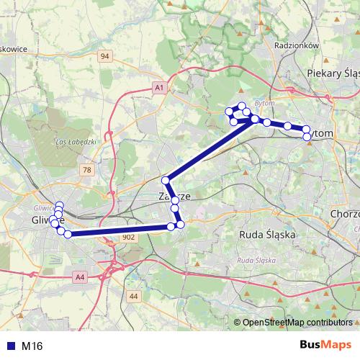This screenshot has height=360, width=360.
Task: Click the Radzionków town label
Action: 297,45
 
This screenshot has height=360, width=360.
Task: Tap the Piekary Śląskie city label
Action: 332,73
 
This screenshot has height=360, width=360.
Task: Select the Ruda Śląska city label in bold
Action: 266,233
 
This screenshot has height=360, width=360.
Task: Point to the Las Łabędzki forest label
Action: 76,141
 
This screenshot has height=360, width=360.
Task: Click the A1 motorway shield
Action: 160,87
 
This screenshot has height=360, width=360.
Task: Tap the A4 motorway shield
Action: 79,275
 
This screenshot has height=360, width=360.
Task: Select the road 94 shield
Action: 105,56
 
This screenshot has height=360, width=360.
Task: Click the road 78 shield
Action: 87,169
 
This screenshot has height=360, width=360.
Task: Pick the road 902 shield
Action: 128,237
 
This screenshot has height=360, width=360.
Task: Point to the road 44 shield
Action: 133,296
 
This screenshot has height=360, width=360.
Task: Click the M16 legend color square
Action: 8,346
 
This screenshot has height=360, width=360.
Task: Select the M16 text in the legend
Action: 32,346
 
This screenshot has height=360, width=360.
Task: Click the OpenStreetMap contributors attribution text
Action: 298,322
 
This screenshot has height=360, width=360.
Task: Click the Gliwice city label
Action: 48,220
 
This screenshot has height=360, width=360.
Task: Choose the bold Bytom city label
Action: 323,134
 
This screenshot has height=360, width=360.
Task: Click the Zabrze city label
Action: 175,196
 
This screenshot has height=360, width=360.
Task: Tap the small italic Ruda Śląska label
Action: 257,259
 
